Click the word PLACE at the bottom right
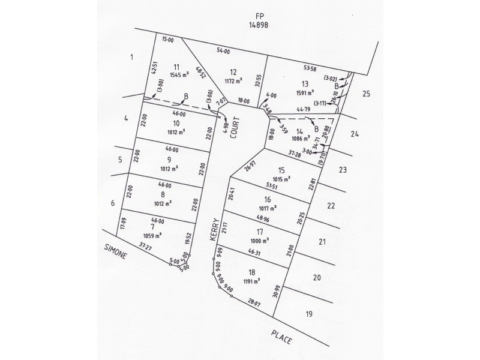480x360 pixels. point(280,335)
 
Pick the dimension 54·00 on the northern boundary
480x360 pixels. point(223,52)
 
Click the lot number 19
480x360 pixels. point(309,314)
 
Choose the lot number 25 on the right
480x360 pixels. point(367,94)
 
